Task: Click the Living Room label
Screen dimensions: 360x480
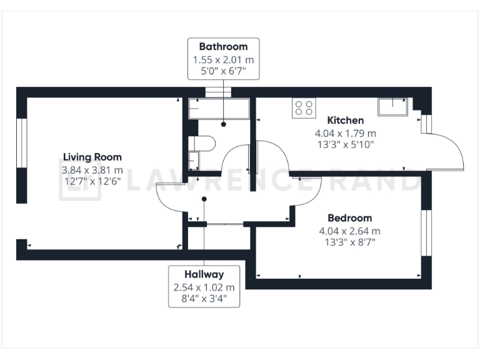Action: pyautogui.click(x=92, y=157)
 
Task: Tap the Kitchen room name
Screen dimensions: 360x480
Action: pyautogui.click(x=346, y=120)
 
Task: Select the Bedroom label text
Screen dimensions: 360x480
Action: pyautogui.click(x=349, y=218)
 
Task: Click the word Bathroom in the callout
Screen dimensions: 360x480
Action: pyautogui.click(x=223, y=46)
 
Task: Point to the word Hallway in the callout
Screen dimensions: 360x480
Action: pyautogui.click(x=204, y=274)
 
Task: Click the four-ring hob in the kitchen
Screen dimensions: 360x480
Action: pyautogui.click(x=304, y=107)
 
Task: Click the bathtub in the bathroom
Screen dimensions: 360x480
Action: pyautogui.click(x=219, y=109)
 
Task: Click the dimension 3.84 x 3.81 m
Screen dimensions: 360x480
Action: pyautogui.click(x=92, y=170)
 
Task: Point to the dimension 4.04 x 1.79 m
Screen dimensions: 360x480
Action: pyautogui.click(x=346, y=133)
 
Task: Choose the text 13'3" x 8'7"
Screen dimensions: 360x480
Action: pyautogui.click(x=349, y=242)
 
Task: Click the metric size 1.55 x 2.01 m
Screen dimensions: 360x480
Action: pyautogui.click(x=223, y=59)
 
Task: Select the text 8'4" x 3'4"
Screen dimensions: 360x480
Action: pyautogui.click(x=204, y=299)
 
